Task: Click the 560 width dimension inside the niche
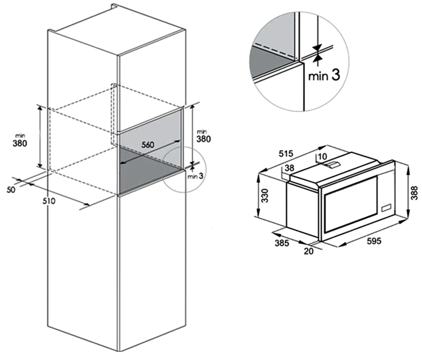pyautogui.click(x=148, y=145)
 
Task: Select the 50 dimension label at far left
pyautogui.click(x=11, y=189)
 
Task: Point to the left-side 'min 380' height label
pyautogui.click(x=20, y=141)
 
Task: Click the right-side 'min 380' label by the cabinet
pyautogui.click(x=203, y=136)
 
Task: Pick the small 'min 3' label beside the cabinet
pyautogui.click(x=195, y=176)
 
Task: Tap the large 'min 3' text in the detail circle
pyautogui.click(x=324, y=75)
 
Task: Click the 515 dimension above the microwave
pyautogui.click(x=286, y=154)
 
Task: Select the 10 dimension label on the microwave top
pyautogui.click(x=322, y=156)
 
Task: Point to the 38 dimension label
pyautogui.click(x=289, y=168)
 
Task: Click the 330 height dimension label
pyautogui.click(x=265, y=195)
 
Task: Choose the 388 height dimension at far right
pyautogui.click(x=414, y=192)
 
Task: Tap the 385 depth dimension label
pyautogui.click(x=282, y=243)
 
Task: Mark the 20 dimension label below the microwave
pyautogui.click(x=309, y=251)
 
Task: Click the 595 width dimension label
pyautogui.click(x=374, y=241)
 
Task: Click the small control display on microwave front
pyautogui.click(x=386, y=208)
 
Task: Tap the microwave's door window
pyautogui.click(x=351, y=205)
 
